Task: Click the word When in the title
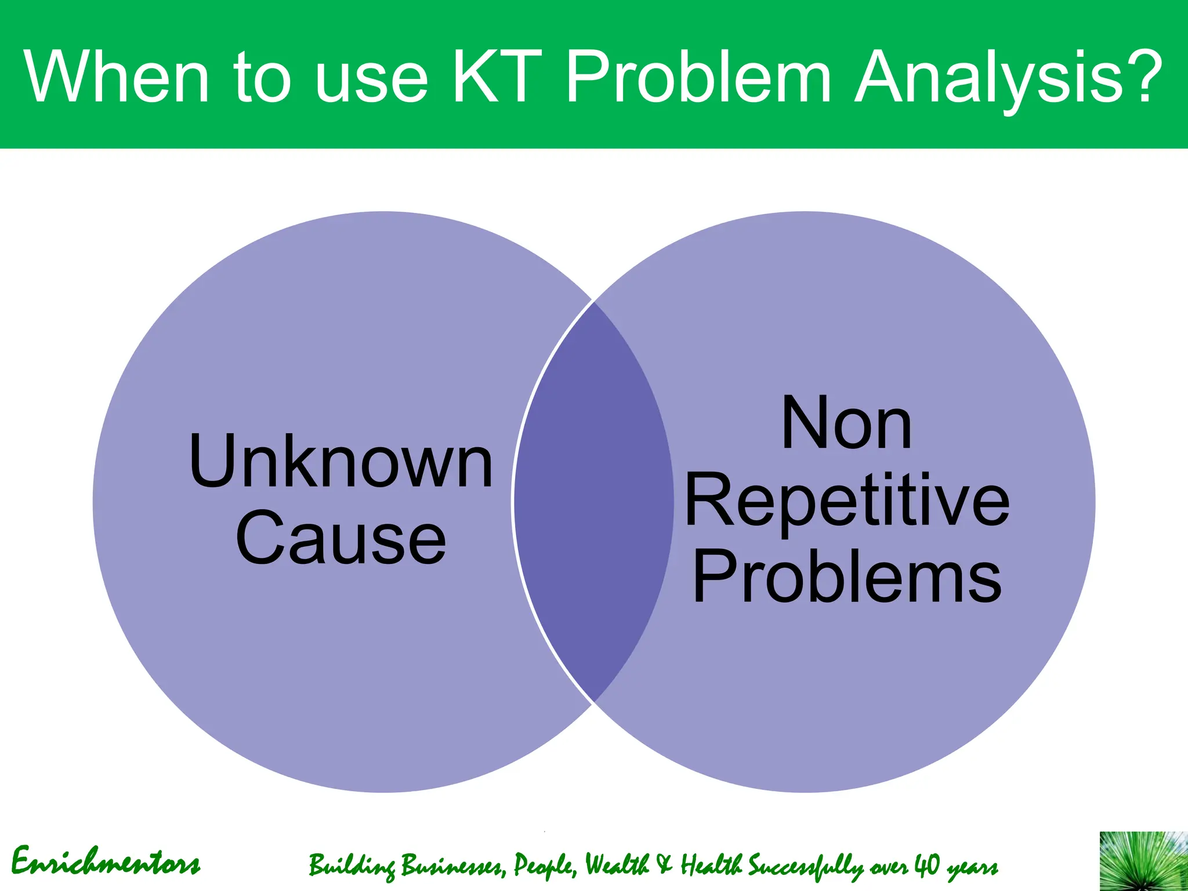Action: tap(116, 78)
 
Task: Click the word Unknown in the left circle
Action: tap(341, 462)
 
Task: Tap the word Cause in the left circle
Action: tap(341, 538)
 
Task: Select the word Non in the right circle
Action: tap(847, 423)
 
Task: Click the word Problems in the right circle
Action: tap(847, 578)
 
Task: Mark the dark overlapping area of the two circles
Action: tap(593, 502)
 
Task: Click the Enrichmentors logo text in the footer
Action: tap(106, 862)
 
